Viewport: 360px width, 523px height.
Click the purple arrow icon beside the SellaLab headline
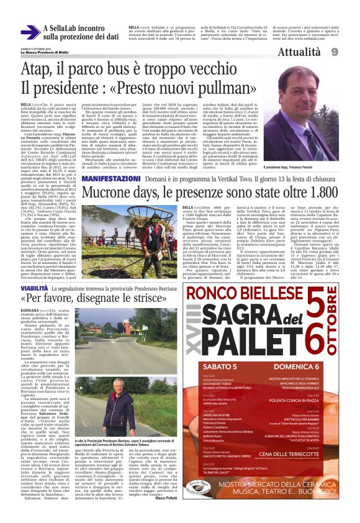pyautogui.click(x=31, y=32)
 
